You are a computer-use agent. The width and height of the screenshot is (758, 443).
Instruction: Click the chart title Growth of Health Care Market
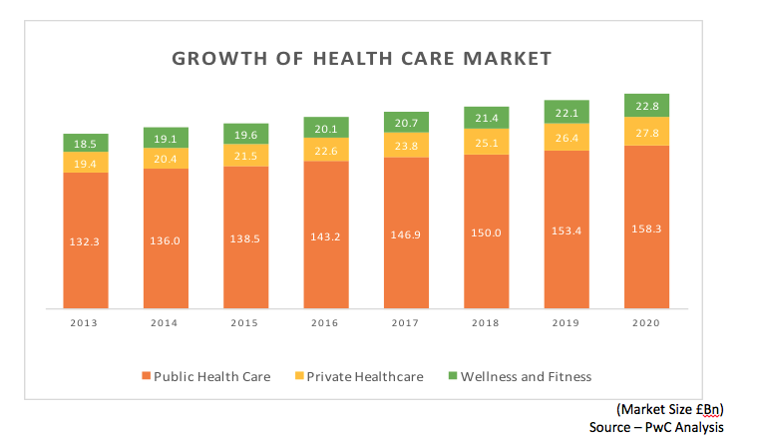[361, 59]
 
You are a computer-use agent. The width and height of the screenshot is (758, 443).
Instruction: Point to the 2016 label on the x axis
[325, 323]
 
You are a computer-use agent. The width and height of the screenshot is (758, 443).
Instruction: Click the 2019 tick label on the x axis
[567, 323]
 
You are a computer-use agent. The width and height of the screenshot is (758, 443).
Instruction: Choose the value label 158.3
[647, 229]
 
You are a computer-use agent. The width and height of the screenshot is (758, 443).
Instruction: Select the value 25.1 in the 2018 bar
[486, 142]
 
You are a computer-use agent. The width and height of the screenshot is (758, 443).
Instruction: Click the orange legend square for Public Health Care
[146, 377]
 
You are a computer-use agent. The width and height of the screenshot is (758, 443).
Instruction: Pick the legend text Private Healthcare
[364, 377]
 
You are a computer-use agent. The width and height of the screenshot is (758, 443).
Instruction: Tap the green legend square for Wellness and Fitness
[452, 377]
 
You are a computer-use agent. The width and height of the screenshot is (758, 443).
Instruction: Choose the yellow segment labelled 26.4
[567, 137]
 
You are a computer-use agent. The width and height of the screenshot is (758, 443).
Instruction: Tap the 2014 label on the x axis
[165, 323]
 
